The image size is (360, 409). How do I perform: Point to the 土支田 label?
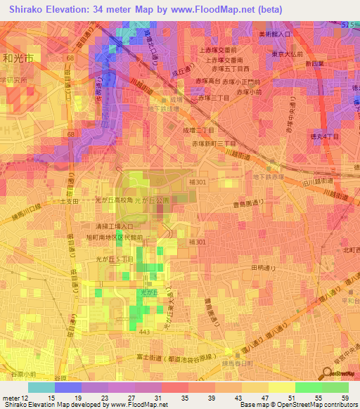(70, 201)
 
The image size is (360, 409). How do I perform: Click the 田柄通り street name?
(265, 268)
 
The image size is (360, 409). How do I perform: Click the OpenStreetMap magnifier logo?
(329, 374)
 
